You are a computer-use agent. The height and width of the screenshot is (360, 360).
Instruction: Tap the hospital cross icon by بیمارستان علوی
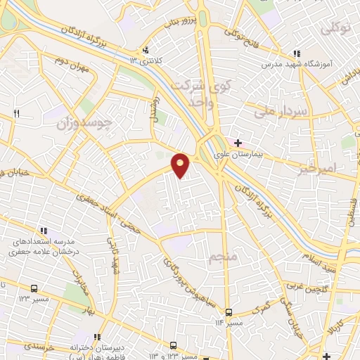[x=238, y=143]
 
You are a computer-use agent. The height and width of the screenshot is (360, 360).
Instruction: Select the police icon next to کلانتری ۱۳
[x=145, y=50]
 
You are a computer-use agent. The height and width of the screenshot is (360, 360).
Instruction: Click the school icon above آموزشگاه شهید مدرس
[x=297, y=53]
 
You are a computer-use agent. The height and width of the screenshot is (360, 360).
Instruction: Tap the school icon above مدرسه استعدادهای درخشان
[x=44, y=230]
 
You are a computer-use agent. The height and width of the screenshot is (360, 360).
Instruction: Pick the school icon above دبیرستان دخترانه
[x=98, y=337]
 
